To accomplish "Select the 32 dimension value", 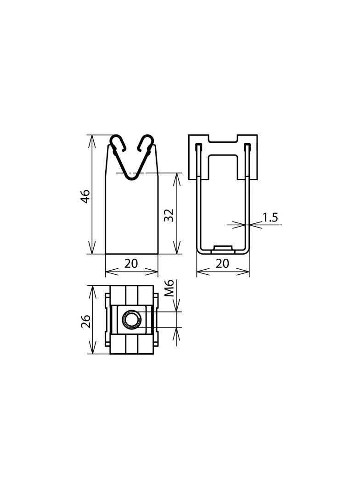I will click(169, 214).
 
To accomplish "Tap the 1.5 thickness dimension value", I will click(270, 217).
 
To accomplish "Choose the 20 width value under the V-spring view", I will click(131, 264).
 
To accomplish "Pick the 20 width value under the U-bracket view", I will click(223, 264).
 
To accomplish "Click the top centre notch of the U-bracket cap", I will click(223, 139).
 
